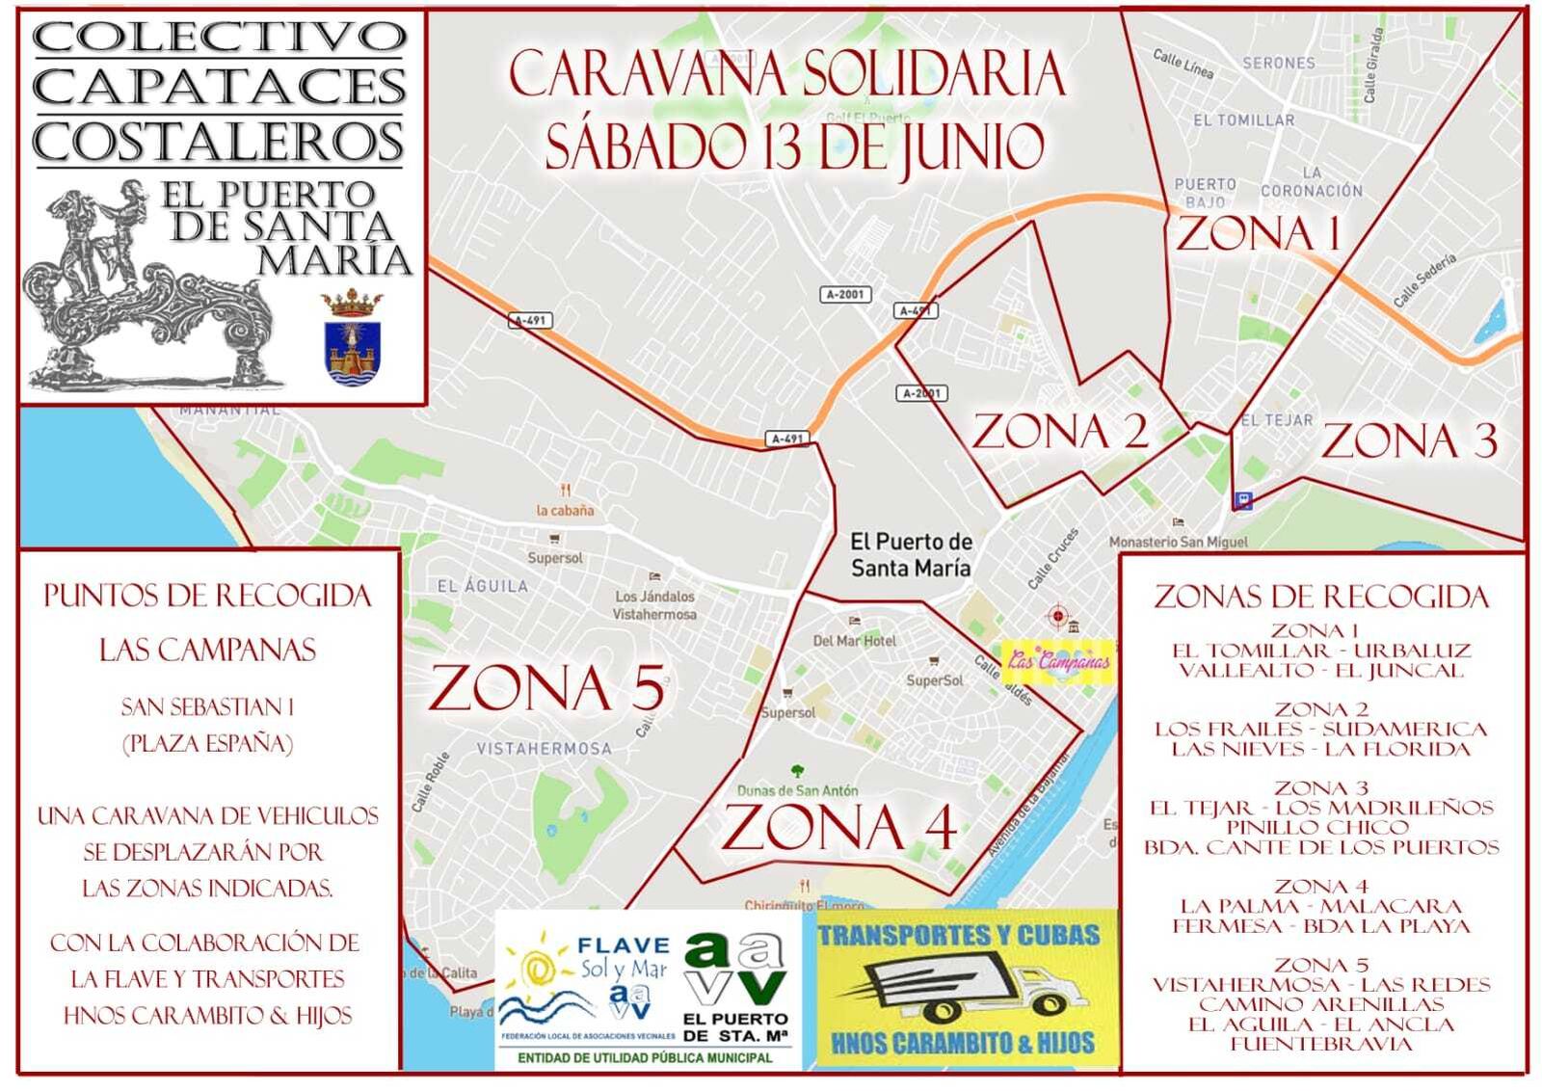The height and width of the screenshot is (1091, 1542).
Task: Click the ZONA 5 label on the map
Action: click(x=547, y=688)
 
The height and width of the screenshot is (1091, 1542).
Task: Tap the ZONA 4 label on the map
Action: click(x=838, y=828)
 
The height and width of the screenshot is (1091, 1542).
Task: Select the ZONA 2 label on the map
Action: click(x=1059, y=431)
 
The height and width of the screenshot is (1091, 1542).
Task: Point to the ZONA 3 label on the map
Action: click(x=1408, y=441)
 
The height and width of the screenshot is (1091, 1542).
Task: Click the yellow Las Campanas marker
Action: click(x=1058, y=661)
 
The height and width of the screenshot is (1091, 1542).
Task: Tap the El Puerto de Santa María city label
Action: click(x=911, y=555)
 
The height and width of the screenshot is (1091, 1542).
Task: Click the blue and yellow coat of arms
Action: click(x=353, y=339)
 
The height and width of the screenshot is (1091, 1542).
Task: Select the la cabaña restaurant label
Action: click(x=566, y=511)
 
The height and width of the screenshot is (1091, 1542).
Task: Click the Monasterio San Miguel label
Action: click(x=1178, y=543)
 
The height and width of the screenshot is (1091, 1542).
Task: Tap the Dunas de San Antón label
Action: click(x=797, y=790)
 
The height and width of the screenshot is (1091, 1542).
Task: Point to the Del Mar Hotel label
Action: click(x=854, y=640)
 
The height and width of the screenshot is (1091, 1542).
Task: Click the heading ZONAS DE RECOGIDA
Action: click(x=1321, y=597)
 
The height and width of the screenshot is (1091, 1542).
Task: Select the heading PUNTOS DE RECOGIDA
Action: click(x=207, y=596)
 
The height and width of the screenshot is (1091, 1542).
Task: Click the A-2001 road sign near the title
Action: click(x=845, y=294)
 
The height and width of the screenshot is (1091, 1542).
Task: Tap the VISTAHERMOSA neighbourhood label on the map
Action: click(x=544, y=748)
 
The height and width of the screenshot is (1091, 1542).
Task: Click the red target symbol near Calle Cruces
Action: click(x=1058, y=615)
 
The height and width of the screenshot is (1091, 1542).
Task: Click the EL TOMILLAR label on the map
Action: click(x=1243, y=120)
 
